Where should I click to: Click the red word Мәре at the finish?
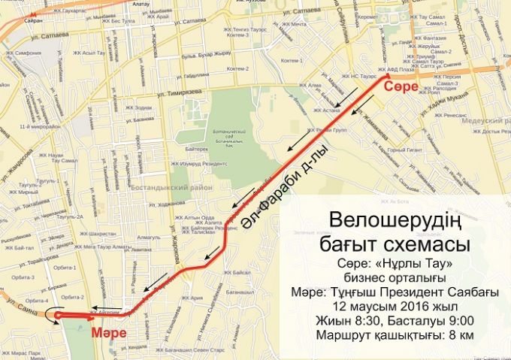point(105,332)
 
